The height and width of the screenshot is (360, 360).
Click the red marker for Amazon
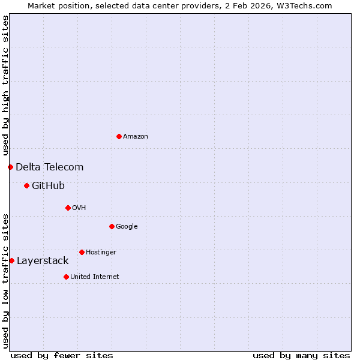coord(119,136)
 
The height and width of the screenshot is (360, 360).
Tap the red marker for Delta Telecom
coord(10,167)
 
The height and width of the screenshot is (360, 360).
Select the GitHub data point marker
coord(26,185)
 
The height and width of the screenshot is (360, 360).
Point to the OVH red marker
coord(68,208)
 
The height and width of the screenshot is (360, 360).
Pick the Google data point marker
coord(112,226)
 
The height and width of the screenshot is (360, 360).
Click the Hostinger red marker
coord(82,252)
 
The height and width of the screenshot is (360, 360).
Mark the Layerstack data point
coord(11,260)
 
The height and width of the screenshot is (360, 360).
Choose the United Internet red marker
coord(66,277)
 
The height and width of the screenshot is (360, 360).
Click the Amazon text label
coord(136,137)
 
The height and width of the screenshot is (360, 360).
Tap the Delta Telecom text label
coord(50,167)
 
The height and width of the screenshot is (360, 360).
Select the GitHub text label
coord(48,186)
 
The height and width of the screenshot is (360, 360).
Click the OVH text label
coord(79,208)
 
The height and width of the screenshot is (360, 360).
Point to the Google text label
coord(127,227)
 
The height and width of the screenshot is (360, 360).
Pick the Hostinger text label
coord(101,253)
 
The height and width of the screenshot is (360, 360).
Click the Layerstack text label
coord(43,261)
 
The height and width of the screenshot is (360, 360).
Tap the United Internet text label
coord(95,277)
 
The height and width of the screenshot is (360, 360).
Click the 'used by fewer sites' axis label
coord(62,355)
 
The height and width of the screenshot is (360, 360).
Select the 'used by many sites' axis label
coord(301,355)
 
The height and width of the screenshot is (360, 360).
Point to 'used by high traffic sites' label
coord(5,86)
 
